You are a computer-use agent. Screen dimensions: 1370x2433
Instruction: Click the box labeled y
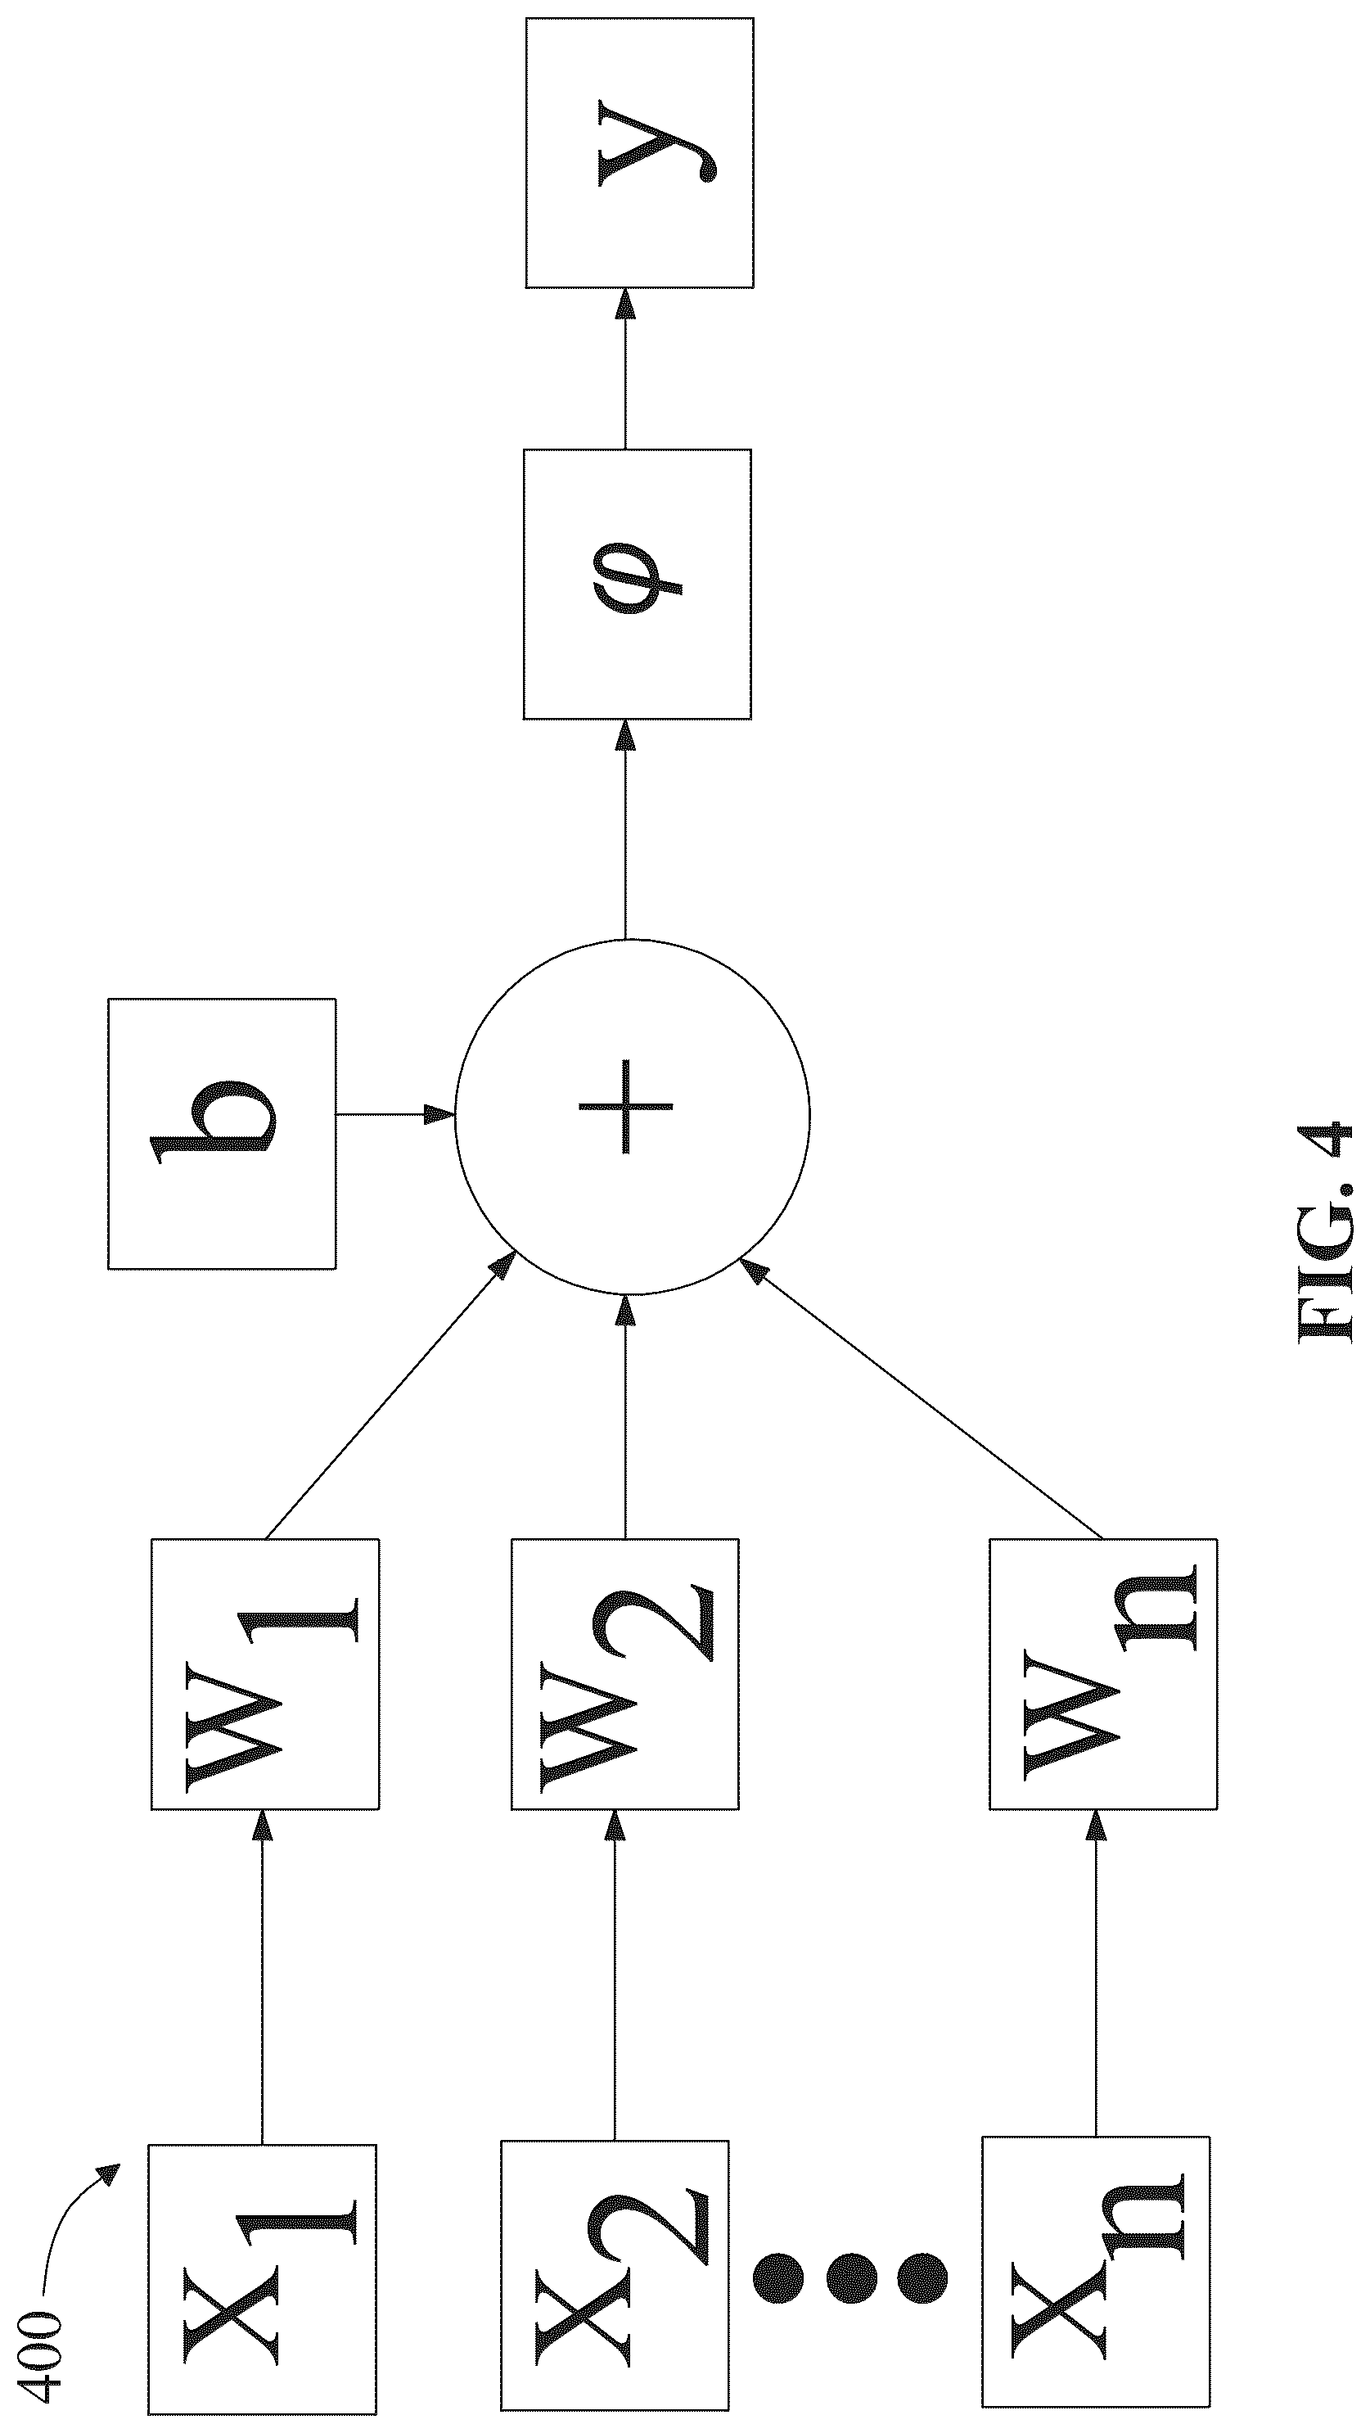tap(639, 152)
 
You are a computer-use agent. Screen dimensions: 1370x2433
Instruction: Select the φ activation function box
tap(638, 584)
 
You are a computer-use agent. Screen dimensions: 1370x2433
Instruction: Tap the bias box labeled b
tap(222, 1133)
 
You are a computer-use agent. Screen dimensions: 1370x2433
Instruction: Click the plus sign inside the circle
tap(625, 1106)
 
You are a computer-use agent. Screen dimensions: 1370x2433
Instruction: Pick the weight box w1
tap(265, 1675)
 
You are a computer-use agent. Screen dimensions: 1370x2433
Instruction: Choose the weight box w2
tap(625, 1675)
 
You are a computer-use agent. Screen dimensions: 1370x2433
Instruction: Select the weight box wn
tap(1103, 1675)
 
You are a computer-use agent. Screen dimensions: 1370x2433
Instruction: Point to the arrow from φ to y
tap(625, 368)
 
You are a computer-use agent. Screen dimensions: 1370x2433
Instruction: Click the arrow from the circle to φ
tap(625, 830)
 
